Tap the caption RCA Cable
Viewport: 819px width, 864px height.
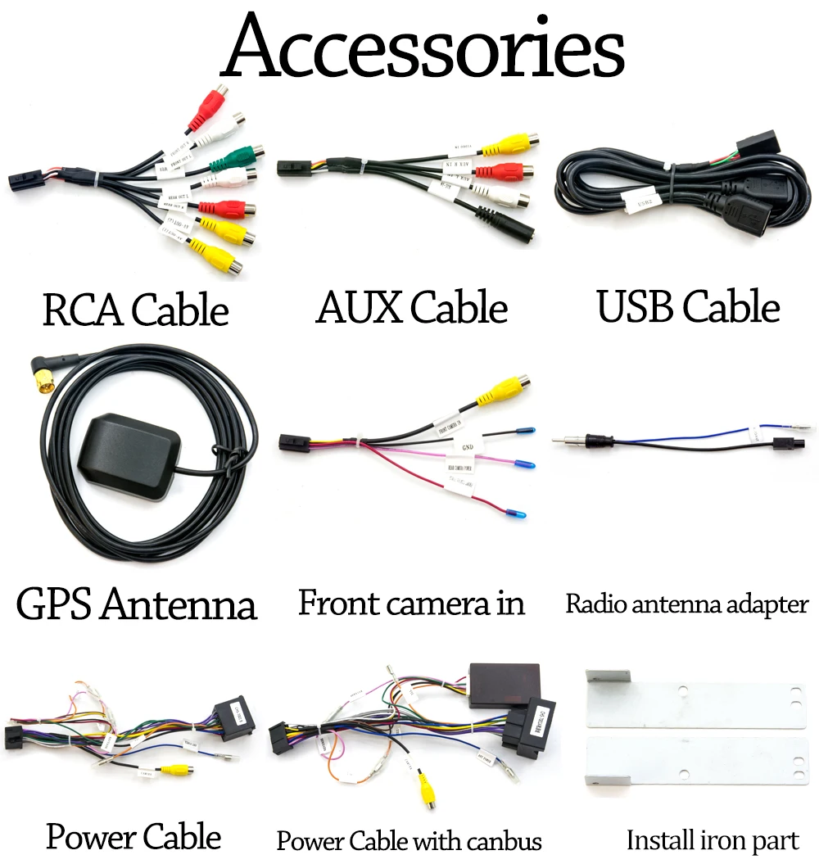(135, 311)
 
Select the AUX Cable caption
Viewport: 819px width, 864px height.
(412, 308)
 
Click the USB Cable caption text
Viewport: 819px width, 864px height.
(688, 308)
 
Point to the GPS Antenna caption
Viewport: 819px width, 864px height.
(136, 605)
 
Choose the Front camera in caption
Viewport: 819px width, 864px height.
(411, 604)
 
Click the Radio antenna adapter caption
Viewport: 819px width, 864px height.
(686, 604)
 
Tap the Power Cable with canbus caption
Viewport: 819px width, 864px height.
(409, 840)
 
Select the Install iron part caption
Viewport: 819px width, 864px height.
(712, 840)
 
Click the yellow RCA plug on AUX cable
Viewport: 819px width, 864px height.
(508, 145)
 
